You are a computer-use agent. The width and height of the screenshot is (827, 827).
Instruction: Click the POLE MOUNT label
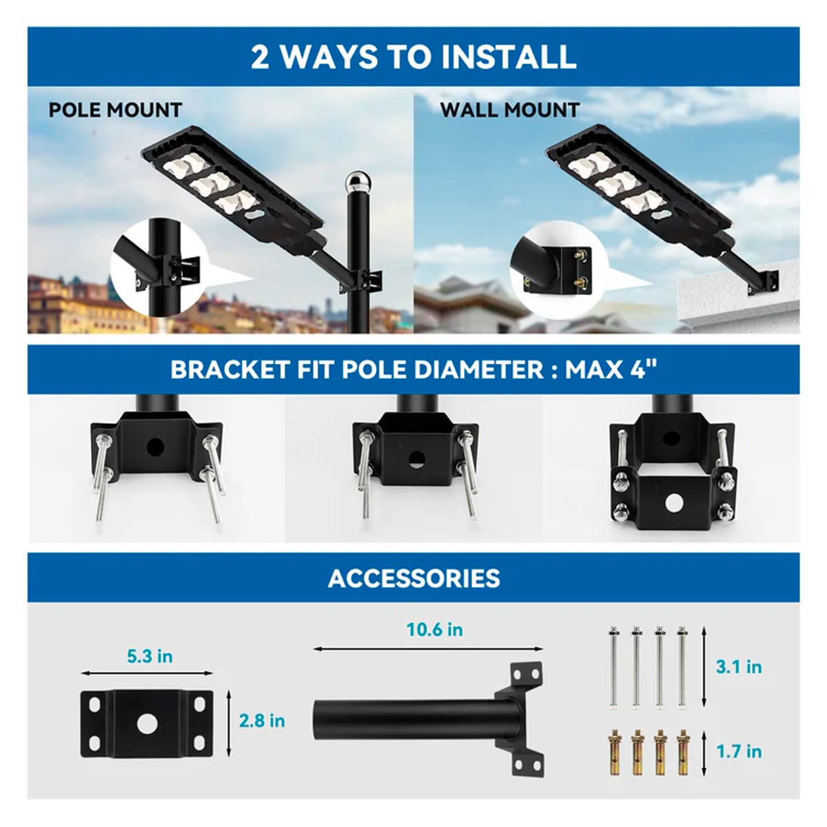pos(115,110)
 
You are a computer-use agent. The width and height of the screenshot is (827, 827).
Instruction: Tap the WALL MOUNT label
pos(509,110)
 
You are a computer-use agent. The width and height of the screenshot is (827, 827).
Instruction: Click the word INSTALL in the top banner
pos(509,57)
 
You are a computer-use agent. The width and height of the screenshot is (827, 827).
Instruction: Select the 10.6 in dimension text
pos(435,630)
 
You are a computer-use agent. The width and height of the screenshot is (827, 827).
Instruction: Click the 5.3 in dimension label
pos(150,656)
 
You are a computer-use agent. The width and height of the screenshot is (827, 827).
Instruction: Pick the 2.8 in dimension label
pos(262,721)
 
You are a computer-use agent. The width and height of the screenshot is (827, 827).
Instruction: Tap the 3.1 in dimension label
pos(739,667)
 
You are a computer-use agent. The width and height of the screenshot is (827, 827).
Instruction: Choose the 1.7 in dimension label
pos(739,751)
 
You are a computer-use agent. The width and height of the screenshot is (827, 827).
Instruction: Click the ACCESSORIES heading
pos(413,578)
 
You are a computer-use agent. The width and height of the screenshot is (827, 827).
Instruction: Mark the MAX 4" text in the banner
pos(611,369)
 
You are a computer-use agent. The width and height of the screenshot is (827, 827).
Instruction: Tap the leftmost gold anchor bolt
pos(614,750)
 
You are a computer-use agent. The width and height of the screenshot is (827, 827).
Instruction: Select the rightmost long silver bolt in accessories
pos(682,666)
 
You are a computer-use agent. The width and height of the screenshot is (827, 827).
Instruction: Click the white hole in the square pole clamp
pos(673,502)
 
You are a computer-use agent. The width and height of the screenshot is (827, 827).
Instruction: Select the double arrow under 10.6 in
pos(428,649)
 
